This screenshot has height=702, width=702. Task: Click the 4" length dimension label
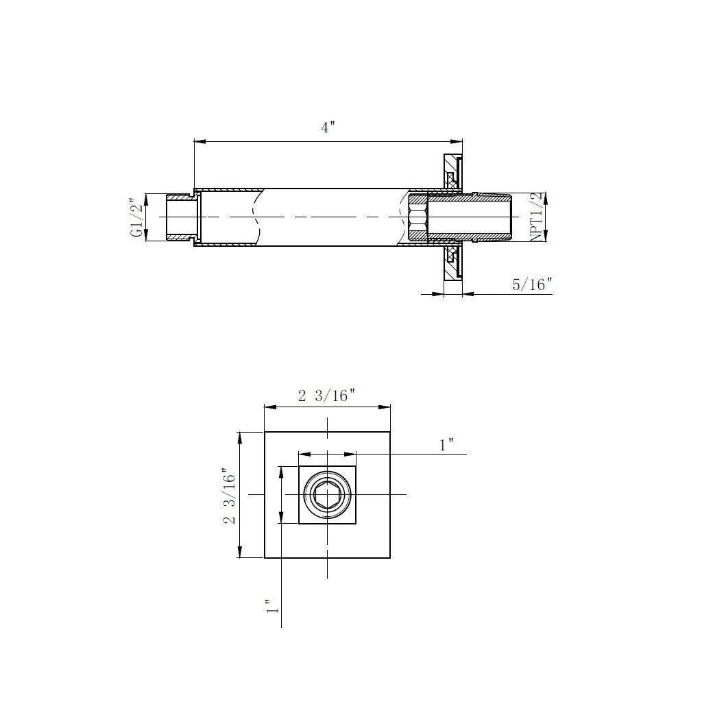point(328,127)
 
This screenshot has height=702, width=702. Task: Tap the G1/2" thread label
point(138,217)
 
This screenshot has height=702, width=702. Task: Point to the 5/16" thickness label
point(532,284)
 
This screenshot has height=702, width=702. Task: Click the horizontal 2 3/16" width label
point(327,395)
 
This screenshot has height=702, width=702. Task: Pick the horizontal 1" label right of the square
point(447,444)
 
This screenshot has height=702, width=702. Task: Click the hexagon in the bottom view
point(328,495)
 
